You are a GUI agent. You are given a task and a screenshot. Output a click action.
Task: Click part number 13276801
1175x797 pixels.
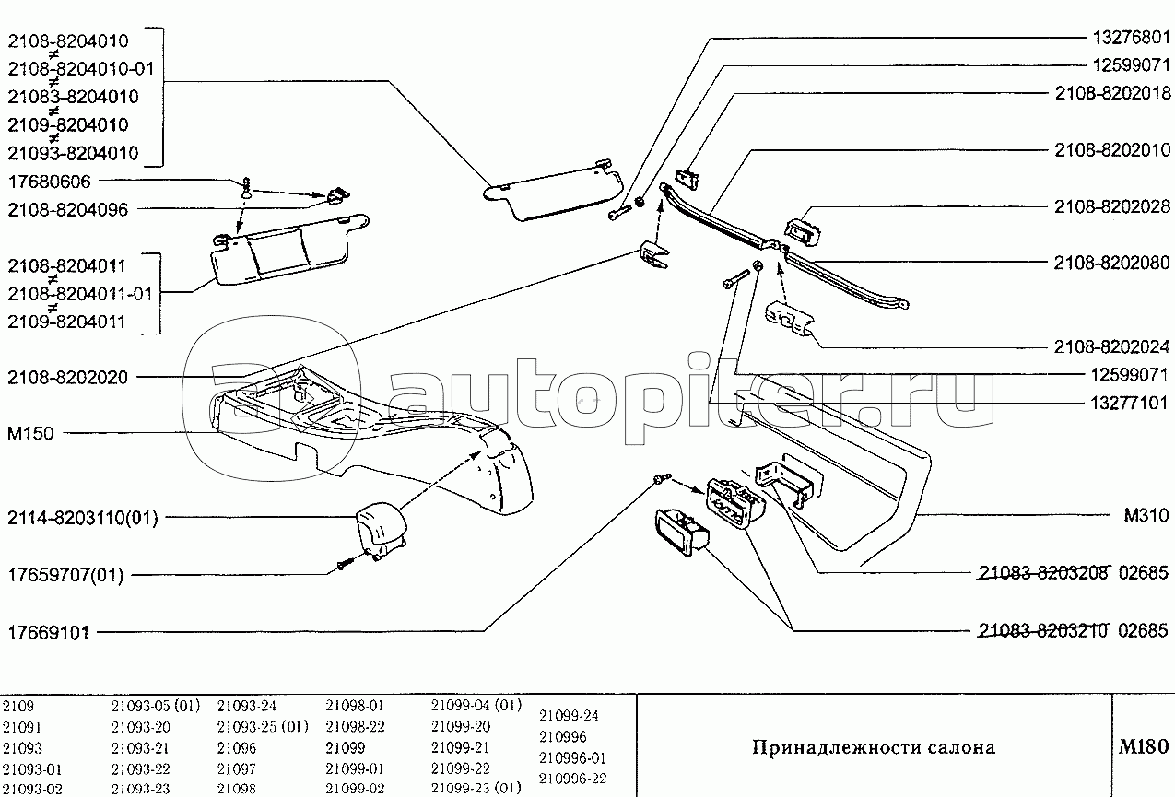click(1132, 37)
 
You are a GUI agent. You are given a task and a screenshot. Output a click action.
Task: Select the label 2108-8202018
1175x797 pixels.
click(1112, 93)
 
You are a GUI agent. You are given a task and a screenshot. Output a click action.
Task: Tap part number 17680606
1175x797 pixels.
click(50, 182)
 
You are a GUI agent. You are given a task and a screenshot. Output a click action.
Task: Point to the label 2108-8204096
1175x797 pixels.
click(67, 210)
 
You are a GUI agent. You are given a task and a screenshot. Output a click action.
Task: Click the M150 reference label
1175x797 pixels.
click(30, 434)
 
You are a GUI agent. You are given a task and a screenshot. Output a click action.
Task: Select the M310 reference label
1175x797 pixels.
click(1146, 515)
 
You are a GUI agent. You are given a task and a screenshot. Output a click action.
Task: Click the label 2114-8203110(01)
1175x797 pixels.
click(82, 518)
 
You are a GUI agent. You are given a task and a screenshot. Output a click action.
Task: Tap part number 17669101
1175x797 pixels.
click(48, 633)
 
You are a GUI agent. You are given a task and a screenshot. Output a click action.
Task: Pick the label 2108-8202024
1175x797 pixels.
click(1112, 346)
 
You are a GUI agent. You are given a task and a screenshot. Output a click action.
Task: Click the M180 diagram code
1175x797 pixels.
click(1144, 746)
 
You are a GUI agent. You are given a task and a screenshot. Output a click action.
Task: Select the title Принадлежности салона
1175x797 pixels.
click(874, 747)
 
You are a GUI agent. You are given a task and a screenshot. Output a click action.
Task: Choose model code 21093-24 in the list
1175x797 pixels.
click(247, 706)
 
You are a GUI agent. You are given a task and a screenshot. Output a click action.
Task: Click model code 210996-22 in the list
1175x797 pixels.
click(573, 779)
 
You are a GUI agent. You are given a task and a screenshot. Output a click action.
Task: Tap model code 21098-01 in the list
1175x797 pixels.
click(355, 706)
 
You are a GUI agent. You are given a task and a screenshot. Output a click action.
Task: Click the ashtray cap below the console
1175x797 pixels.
click(382, 531)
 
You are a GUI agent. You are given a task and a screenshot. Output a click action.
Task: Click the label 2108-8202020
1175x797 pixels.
click(67, 378)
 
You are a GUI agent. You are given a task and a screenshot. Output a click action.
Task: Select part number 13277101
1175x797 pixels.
click(1129, 404)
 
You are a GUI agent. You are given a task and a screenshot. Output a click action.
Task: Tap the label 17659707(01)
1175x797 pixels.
click(65, 575)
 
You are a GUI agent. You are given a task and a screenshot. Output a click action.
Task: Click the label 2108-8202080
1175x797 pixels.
click(1112, 263)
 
